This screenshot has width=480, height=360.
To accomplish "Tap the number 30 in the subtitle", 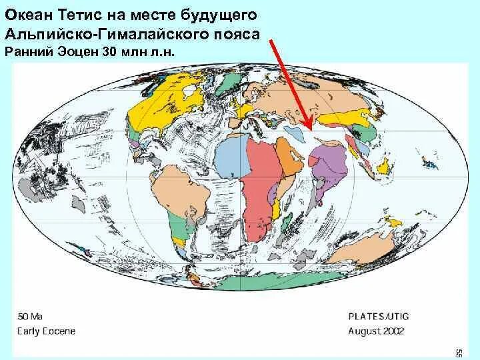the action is point(111,51).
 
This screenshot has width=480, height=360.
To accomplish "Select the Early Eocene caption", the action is point(46,331).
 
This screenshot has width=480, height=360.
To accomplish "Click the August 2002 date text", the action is point(377,331).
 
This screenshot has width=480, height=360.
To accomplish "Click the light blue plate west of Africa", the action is point(227,160).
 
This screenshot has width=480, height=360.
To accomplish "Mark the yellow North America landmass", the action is point(160,100).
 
